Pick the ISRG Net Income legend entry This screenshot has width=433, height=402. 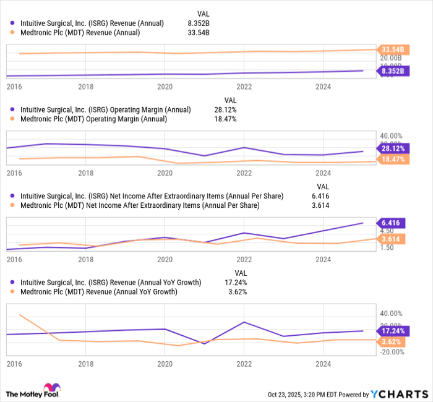[x=152, y=196]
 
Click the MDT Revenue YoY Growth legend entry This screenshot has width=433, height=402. [x=99, y=292]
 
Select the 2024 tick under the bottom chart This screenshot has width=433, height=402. [x=322, y=366]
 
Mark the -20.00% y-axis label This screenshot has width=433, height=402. [x=391, y=353]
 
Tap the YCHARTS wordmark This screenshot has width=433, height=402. [x=401, y=395]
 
